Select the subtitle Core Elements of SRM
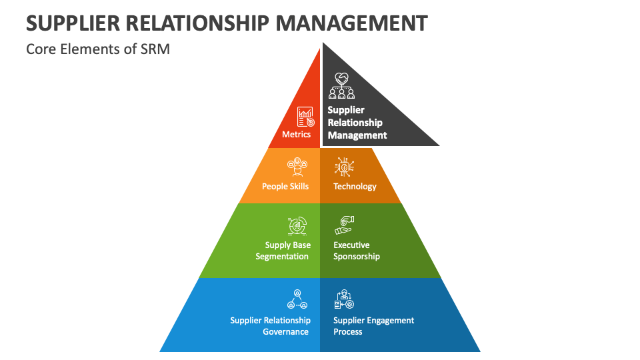pyautogui.click(x=98, y=49)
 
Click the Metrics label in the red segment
pyautogui.click(x=297, y=134)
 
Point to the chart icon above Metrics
pyautogui.click(x=305, y=117)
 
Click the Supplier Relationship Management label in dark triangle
pyautogui.click(x=357, y=123)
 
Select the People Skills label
pyautogui.click(x=285, y=186)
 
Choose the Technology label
pyautogui.click(x=355, y=186)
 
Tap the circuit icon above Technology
pyautogui.click(x=344, y=167)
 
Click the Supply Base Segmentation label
pyautogui.click(x=283, y=251)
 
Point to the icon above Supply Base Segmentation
pyautogui.click(x=297, y=226)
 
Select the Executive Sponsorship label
pyautogui.click(x=357, y=251)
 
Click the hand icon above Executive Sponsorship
pyautogui.click(x=343, y=225)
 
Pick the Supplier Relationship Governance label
pyautogui.click(x=270, y=326)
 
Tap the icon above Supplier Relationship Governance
pyautogui.click(x=297, y=299)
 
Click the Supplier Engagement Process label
pyautogui.click(x=373, y=326)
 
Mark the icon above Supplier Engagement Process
pyautogui.click(x=343, y=299)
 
